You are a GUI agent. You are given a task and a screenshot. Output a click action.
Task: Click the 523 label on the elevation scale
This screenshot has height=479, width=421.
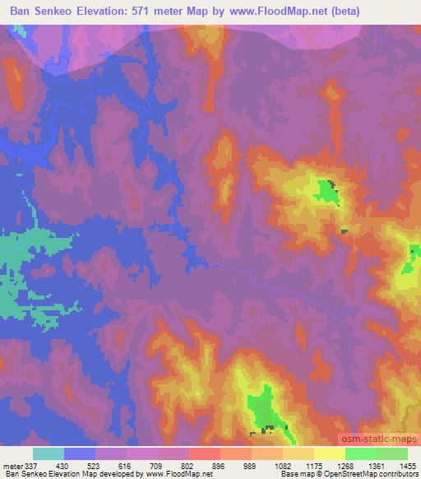tap(107, 466)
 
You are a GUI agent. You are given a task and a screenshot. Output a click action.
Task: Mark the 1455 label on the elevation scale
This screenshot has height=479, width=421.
tap(407, 466)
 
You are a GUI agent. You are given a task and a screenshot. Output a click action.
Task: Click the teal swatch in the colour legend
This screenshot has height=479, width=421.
tap(49, 453)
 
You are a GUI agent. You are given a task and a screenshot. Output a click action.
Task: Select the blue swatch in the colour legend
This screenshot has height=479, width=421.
tap(81, 453)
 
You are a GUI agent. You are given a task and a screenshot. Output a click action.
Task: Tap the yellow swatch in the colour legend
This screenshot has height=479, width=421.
tap(329, 453)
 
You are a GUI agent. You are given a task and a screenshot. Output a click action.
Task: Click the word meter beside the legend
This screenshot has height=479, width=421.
tap(11, 466)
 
